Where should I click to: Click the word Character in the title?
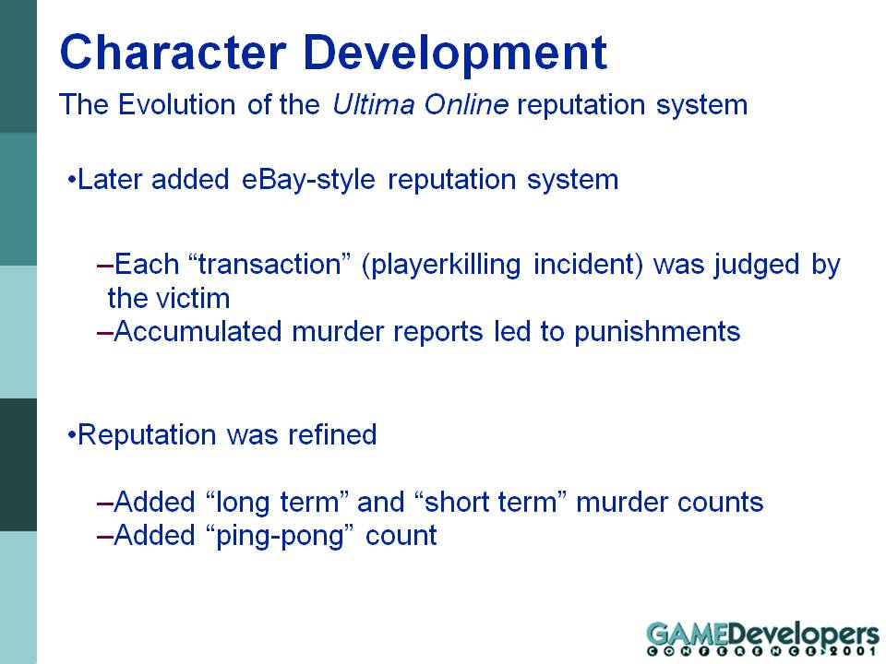(x=173, y=53)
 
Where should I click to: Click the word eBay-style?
(x=308, y=180)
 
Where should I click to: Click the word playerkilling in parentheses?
(x=441, y=266)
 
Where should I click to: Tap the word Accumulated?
(x=198, y=331)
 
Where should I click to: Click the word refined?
(x=332, y=434)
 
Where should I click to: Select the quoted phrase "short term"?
(x=490, y=502)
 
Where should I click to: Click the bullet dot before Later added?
(x=71, y=181)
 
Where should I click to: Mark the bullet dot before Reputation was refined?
(x=71, y=436)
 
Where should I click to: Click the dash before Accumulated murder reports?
(x=105, y=333)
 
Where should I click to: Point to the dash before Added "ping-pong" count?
(x=105, y=537)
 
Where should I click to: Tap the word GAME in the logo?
(x=687, y=634)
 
